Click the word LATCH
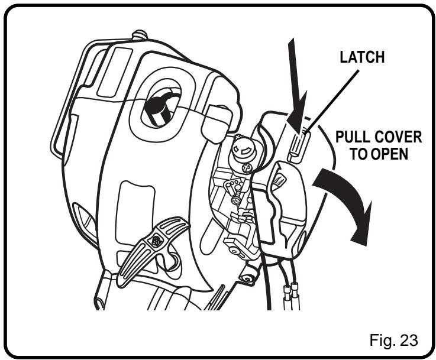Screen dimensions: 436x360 [362, 57]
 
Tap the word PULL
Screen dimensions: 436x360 [352, 137]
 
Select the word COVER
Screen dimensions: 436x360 [398, 137]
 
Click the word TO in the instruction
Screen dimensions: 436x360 [359, 154]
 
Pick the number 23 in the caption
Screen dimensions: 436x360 [408, 340]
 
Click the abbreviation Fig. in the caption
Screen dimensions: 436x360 [383, 340]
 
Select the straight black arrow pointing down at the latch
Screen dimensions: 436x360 [296, 86]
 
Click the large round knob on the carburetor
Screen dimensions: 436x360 [244, 150]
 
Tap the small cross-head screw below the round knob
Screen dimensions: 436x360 [246, 168]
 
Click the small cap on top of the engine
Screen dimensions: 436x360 [140, 35]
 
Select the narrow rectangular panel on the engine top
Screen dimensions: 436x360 [115, 72]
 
